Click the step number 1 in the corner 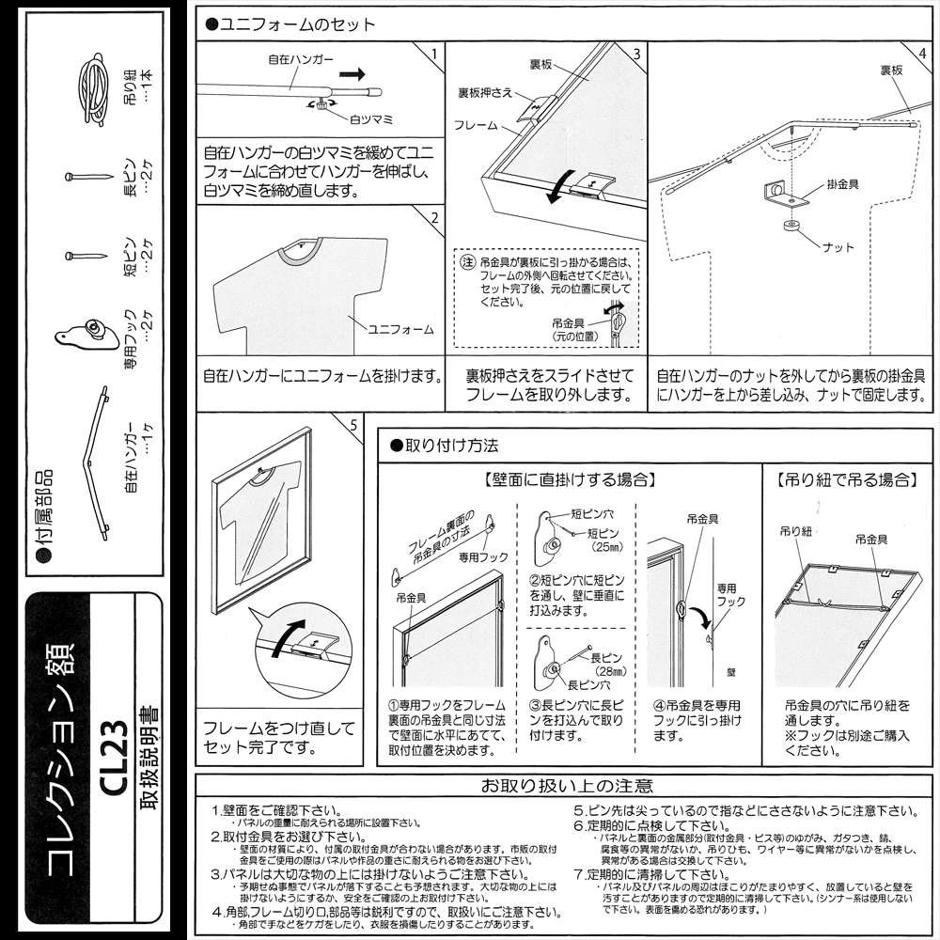point(432,54)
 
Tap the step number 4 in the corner point(922,54)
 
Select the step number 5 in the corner point(352,425)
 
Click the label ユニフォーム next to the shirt point(400,329)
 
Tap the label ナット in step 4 point(838,247)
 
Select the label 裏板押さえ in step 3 point(485,92)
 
